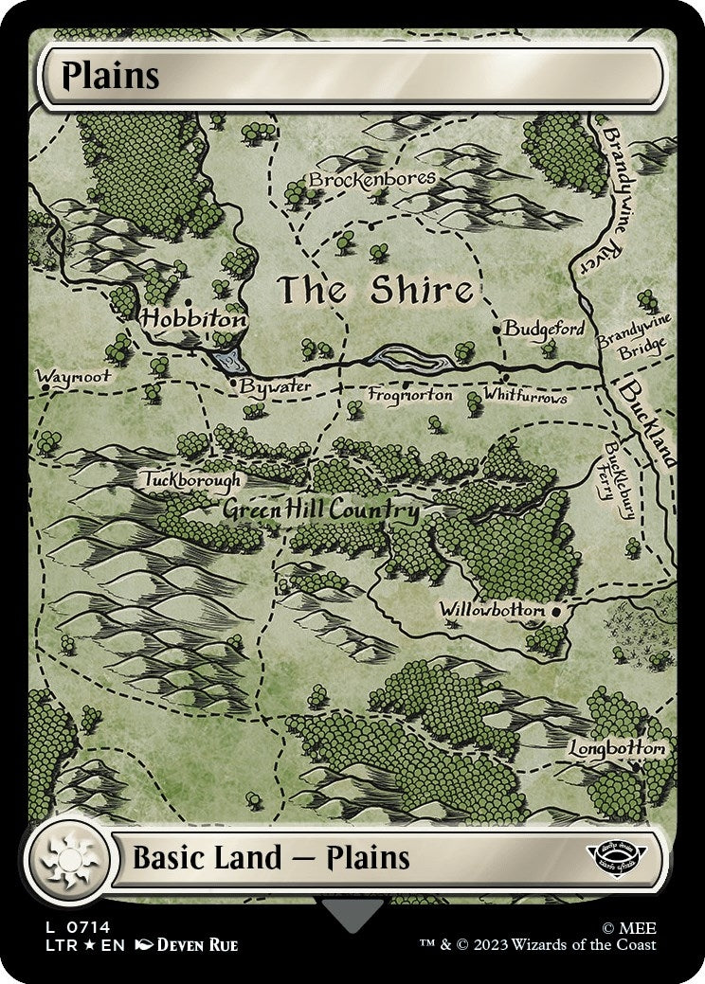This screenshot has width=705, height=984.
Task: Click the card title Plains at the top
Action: coord(110,77)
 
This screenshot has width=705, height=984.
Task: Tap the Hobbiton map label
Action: coord(193,320)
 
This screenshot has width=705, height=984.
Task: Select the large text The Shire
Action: coord(375,291)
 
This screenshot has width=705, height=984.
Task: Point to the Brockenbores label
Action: coord(372,178)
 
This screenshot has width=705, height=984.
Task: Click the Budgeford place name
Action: coord(544,329)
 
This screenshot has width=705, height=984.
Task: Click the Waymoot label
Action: coord(74,376)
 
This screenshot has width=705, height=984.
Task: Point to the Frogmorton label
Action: coord(410,394)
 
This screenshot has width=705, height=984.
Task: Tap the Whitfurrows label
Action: coord(525,395)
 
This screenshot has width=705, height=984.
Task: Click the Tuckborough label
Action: coord(193,480)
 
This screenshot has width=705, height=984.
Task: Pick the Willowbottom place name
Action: coord(492,610)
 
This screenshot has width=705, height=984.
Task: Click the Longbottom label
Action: coord(617,748)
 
